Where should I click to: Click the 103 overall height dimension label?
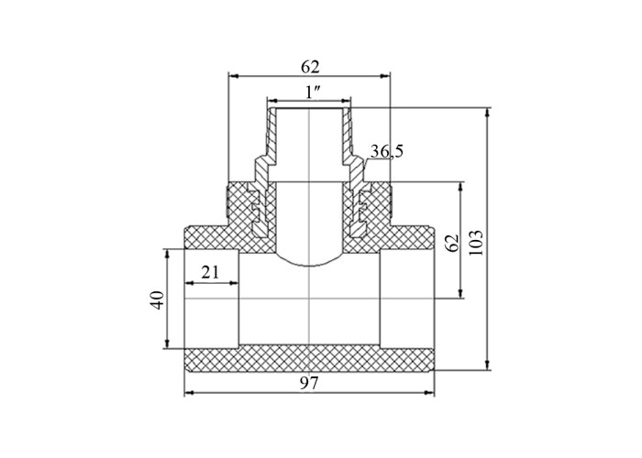pyautogui.click(x=476, y=243)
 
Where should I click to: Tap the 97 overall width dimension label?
pyautogui.click(x=309, y=383)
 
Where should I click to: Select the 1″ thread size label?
pyautogui.click(x=314, y=93)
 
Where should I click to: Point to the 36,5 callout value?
pyautogui.click(x=387, y=151)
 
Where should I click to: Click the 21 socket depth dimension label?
pyautogui.click(x=210, y=272)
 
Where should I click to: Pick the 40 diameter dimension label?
pyautogui.click(x=159, y=300)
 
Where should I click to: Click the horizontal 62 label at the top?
pyautogui.click(x=310, y=67)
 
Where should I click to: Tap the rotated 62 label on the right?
pyautogui.click(x=451, y=244)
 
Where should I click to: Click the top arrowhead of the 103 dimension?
pyautogui.click(x=487, y=112)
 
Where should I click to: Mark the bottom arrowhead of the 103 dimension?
pyautogui.click(x=487, y=365)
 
